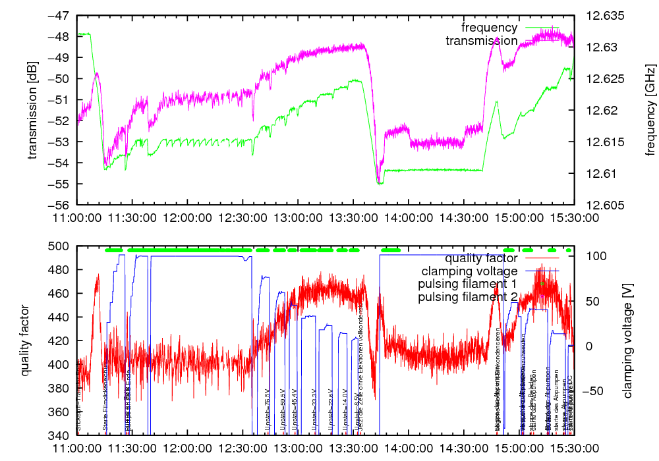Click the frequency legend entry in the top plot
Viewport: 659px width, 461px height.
(x=490, y=28)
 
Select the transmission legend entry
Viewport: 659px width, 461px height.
(x=482, y=41)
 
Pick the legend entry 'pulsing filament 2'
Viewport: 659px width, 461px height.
(x=467, y=297)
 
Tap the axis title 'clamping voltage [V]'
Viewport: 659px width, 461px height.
(x=627, y=340)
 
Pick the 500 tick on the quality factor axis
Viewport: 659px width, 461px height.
(x=63, y=246)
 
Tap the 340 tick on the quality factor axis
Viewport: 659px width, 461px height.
(x=63, y=436)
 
